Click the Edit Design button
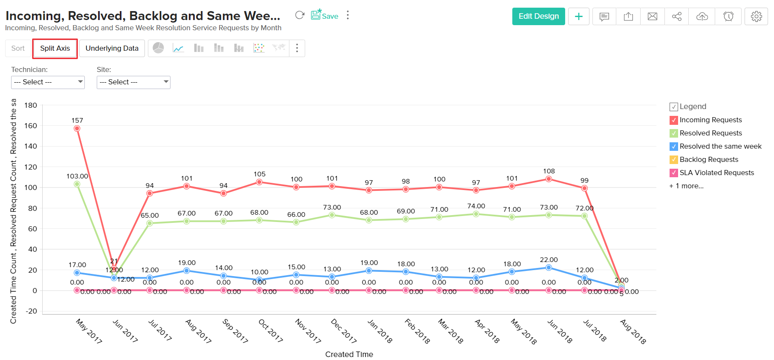click(538, 16)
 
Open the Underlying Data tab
click(112, 48)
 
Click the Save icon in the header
click(324, 15)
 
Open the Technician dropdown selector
click(48, 82)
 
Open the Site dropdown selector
click(133, 82)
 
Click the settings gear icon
click(756, 16)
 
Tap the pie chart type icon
click(158, 48)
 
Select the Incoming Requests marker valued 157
click(77, 128)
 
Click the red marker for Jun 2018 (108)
click(549, 179)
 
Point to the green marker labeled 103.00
click(77, 184)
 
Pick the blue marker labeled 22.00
click(549, 268)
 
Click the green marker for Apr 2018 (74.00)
click(476, 214)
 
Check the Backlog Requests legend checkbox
click(674, 160)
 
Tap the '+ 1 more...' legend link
click(686, 186)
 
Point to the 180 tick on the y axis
click(31, 105)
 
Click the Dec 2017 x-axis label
click(344, 331)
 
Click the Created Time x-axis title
click(349, 354)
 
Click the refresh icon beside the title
click(300, 15)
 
